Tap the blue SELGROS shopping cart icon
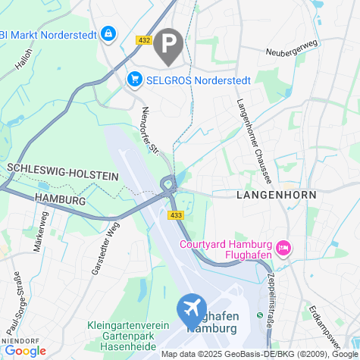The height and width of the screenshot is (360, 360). click(x=135, y=79)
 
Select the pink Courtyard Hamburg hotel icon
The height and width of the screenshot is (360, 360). click(x=283, y=248)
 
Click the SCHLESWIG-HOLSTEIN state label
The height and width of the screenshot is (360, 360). click(x=63, y=171)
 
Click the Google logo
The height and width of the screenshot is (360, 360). click(x=25, y=350)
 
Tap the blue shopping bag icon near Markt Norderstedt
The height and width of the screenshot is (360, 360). click(x=109, y=34)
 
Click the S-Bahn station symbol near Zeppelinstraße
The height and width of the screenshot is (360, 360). click(x=259, y=315)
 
